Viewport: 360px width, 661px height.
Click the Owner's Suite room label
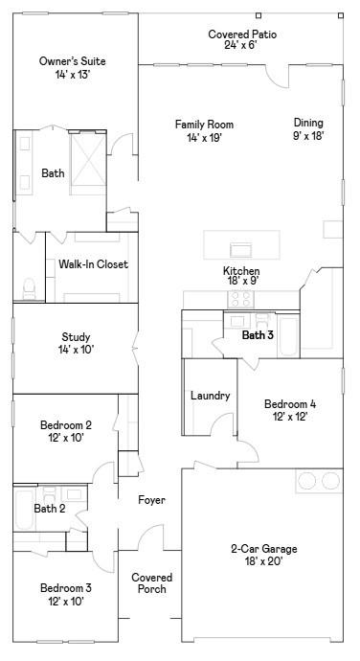(x=72, y=68)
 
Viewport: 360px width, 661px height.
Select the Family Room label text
(x=204, y=131)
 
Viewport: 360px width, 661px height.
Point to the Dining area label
(x=308, y=128)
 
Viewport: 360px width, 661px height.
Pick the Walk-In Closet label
(x=93, y=264)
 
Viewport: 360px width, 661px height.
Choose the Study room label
(x=76, y=343)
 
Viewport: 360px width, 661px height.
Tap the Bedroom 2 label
(x=65, y=432)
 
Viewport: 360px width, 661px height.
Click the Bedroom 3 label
(x=65, y=595)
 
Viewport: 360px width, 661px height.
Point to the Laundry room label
(x=210, y=396)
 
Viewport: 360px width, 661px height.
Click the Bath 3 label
(x=258, y=335)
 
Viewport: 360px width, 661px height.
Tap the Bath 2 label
(x=50, y=509)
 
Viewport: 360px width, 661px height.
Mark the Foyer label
(x=151, y=500)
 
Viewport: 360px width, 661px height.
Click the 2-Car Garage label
(x=263, y=555)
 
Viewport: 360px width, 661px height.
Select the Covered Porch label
(x=151, y=583)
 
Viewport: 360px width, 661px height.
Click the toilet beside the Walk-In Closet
(x=29, y=286)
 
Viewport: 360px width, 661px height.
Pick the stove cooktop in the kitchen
(x=239, y=298)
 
